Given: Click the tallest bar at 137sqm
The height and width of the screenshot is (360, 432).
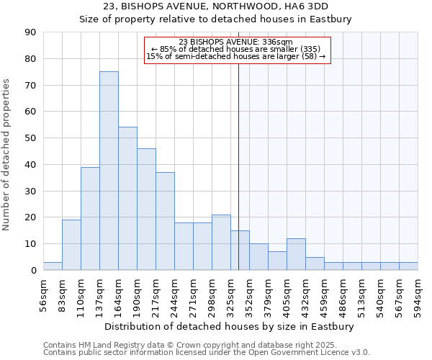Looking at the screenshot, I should coord(109,171).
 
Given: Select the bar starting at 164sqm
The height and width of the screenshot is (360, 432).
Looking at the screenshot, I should coord(127,198).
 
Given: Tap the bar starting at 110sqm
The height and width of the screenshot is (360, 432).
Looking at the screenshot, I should coord(90,218).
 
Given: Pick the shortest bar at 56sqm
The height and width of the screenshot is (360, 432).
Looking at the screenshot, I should coord(53,266).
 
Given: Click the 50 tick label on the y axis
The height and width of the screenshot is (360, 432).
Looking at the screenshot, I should coord(32,138).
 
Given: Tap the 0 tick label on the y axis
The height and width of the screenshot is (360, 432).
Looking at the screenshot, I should coord(35,271).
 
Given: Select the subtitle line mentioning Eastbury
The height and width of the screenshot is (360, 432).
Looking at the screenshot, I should coord(216,19).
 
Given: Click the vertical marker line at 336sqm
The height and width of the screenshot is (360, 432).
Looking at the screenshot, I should coord(238,180).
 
